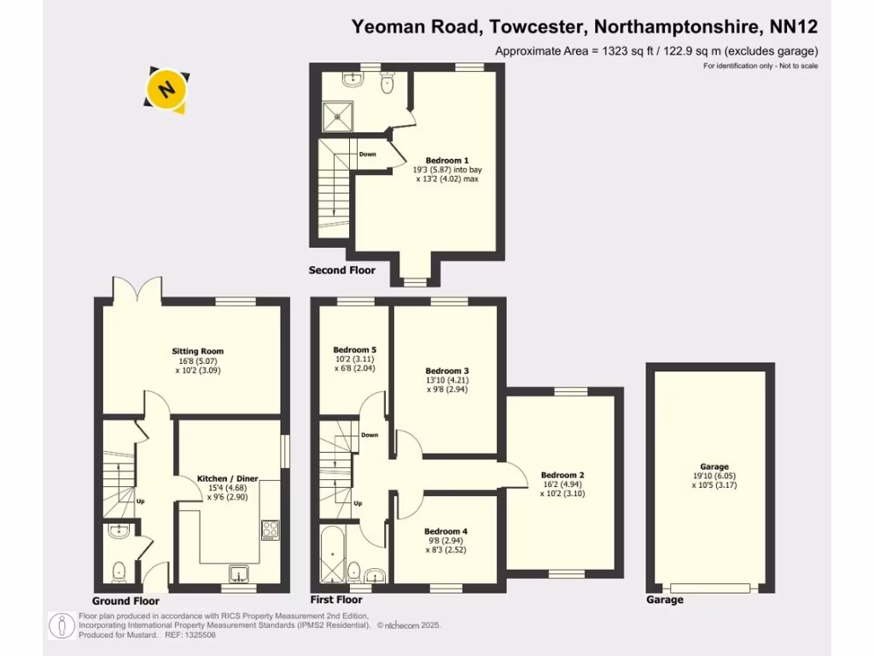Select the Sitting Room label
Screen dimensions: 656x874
click(x=197, y=351)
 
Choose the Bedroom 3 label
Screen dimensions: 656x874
click(x=447, y=371)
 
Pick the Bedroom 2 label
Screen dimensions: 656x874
click(x=562, y=475)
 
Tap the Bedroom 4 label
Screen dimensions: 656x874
click(x=446, y=531)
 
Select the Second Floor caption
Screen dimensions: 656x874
click(x=341, y=271)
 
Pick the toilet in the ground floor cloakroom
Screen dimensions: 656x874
click(x=119, y=569)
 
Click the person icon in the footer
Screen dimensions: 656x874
click(x=62, y=625)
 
